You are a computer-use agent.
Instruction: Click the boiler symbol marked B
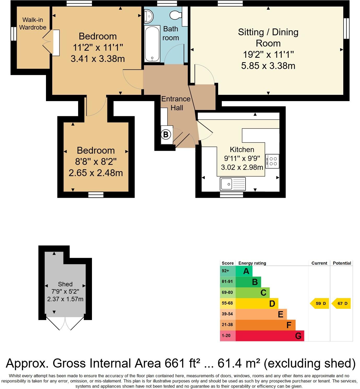point(165,135)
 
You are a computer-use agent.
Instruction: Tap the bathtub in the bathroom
point(152,44)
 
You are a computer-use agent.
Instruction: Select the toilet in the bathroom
point(175,15)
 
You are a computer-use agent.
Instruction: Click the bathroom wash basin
point(149,16)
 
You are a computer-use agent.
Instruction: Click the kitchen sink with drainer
point(233,184)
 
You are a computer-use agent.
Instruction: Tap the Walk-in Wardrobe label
point(33,24)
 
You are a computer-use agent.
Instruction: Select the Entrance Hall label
point(176,103)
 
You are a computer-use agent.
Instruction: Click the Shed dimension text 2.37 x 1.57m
point(65,299)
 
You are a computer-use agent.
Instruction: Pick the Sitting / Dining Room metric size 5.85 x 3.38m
point(268,66)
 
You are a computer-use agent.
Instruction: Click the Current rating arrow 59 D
point(320,304)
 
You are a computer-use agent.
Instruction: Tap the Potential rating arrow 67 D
point(341,304)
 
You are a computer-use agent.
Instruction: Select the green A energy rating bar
point(244,271)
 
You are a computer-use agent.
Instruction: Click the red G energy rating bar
point(270,336)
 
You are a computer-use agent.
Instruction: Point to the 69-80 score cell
point(228,293)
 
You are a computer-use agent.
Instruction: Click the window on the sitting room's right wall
point(346,28)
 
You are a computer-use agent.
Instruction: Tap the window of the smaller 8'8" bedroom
point(96,195)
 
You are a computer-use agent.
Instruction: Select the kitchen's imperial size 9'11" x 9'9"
point(242,158)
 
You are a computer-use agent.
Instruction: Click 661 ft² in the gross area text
point(183,363)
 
